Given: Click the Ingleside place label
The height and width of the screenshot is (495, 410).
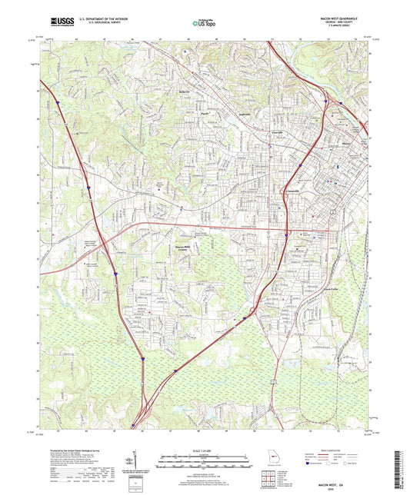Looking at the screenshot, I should [245, 115].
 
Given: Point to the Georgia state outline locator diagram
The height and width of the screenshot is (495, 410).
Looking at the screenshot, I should [267, 453].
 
